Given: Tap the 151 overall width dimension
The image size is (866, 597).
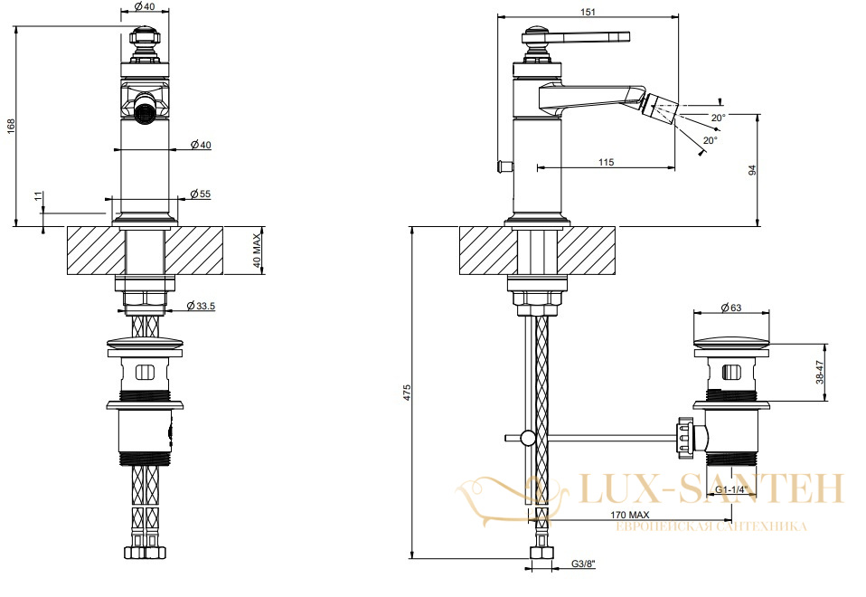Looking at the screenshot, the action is pyautogui.click(x=588, y=12).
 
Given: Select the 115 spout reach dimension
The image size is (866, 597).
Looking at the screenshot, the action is pyautogui.click(x=606, y=162).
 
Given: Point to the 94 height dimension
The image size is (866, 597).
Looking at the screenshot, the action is pyautogui.click(x=752, y=170).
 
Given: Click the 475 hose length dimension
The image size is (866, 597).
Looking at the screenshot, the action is pyautogui.click(x=407, y=392).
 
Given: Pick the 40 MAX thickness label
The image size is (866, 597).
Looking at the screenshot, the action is pyautogui.click(x=257, y=251).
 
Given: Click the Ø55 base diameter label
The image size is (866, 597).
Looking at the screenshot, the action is pyautogui.click(x=201, y=194).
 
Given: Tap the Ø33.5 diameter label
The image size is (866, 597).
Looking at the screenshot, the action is pyautogui.click(x=201, y=306).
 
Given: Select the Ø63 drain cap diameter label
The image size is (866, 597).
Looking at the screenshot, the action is pyautogui.click(x=731, y=308).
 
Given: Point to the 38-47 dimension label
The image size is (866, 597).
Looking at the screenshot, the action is pyautogui.click(x=820, y=372).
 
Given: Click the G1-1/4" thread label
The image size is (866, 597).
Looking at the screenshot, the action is pyautogui.click(x=731, y=489).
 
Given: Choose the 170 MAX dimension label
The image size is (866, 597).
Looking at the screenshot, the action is pyautogui.click(x=630, y=516).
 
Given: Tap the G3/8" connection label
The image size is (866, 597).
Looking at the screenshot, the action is pyautogui.click(x=583, y=564).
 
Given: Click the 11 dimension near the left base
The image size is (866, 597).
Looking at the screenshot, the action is pyautogui.click(x=38, y=196).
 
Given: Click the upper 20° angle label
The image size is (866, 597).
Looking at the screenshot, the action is pyautogui.click(x=718, y=118).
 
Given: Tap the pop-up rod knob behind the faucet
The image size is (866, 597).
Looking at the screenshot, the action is pyautogui.click(x=505, y=165).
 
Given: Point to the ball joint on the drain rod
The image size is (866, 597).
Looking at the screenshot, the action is pyautogui.click(x=528, y=438).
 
